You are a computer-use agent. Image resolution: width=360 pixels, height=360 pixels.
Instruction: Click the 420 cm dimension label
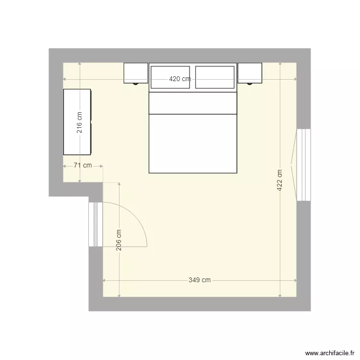coord(180,80)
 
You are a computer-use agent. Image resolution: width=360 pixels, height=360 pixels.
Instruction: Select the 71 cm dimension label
coord(83,166)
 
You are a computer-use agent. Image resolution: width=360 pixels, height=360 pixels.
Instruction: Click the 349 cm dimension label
coord(199,280)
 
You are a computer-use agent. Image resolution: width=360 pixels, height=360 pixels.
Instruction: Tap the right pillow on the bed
coord(215,77)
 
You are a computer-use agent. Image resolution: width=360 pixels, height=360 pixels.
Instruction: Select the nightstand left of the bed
coord(136,72)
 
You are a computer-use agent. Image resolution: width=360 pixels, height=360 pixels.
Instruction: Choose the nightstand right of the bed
coord(250,72)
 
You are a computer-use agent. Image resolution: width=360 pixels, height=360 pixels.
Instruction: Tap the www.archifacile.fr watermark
coord(330,352)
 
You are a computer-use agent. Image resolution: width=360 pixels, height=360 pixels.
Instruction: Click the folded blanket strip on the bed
coord(193,103)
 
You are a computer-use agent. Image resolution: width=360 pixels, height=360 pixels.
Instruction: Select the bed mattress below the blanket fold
coord(193,143)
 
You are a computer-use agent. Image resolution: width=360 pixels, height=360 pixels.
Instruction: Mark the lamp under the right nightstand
coord(250,84)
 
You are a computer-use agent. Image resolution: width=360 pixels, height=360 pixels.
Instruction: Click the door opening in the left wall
coord(96,224)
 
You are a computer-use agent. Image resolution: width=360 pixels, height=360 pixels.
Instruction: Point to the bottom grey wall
coord(199,304)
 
